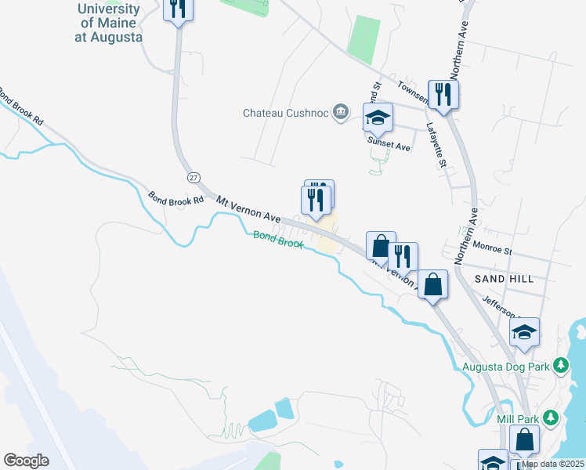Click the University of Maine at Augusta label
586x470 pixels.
[110, 23]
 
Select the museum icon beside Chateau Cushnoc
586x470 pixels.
[340, 113]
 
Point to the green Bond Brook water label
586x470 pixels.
[277, 239]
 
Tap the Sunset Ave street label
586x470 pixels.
[389, 146]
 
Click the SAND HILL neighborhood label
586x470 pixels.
[504, 279]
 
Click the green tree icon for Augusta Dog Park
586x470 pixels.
[560, 365]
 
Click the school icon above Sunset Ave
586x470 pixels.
[378, 118]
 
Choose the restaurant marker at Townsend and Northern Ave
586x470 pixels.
[443, 95]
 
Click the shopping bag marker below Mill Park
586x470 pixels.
[524, 440]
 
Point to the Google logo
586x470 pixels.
[26, 461]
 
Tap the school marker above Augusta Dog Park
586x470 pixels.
[525, 333]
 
